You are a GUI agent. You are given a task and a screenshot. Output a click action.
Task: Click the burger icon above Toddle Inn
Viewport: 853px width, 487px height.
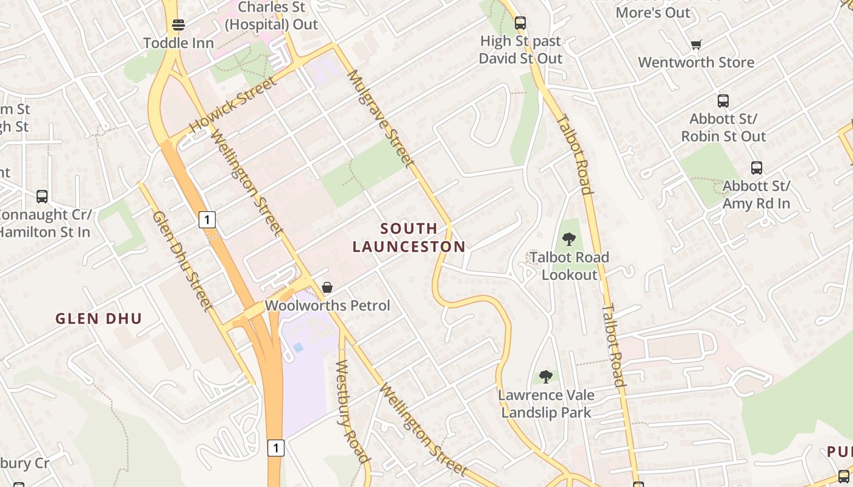click(x=179, y=25)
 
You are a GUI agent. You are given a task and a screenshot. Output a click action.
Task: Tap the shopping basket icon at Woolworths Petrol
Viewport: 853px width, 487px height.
click(x=327, y=287)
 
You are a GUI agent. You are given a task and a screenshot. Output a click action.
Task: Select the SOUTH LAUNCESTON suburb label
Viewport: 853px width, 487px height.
click(x=409, y=237)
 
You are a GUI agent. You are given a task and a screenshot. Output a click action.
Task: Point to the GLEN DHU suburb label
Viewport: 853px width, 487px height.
click(x=99, y=318)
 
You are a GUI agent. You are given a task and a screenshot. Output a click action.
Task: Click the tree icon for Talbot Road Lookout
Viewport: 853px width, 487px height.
click(x=569, y=239)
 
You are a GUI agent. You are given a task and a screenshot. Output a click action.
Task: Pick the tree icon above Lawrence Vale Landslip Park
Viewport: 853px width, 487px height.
click(x=546, y=377)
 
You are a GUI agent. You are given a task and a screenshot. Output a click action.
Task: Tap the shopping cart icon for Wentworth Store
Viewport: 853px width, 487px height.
click(x=696, y=44)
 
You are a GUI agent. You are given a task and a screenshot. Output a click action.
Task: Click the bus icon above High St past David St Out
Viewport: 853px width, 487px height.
click(x=520, y=23)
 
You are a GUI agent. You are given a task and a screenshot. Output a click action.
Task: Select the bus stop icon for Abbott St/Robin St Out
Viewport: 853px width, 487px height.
click(x=723, y=100)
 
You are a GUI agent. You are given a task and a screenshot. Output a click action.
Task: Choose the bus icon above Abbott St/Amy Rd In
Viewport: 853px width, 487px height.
click(x=756, y=167)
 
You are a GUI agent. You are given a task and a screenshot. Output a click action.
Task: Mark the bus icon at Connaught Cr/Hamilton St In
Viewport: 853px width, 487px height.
click(x=42, y=196)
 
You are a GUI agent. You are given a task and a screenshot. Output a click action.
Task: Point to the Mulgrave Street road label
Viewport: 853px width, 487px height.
click(x=381, y=118)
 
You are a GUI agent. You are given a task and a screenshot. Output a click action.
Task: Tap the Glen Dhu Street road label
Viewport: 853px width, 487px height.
click(x=182, y=261)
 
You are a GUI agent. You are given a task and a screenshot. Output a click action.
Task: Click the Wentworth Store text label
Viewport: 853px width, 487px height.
click(x=696, y=62)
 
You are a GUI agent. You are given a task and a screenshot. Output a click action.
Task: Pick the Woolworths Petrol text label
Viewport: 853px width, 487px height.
click(x=327, y=306)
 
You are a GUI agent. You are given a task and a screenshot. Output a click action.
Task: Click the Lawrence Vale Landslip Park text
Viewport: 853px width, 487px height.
click(x=546, y=404)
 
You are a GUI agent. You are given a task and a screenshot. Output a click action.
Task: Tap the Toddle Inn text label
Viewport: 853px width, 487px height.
click(x=179, y=43)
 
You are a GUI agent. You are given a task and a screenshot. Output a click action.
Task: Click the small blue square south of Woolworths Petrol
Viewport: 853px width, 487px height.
click(x=298, y=347)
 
